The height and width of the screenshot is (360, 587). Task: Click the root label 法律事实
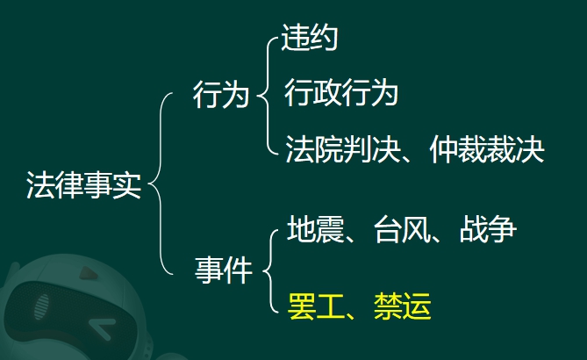84,185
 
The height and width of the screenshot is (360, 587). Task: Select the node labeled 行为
221,95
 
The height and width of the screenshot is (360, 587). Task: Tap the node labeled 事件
224,270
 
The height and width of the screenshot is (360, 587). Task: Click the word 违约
309,37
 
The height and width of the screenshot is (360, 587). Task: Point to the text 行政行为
341,92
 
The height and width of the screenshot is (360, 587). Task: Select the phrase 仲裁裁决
487,148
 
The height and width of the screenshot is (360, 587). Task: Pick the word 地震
315,228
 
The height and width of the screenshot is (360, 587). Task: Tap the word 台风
402,228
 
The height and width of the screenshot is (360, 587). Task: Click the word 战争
488,228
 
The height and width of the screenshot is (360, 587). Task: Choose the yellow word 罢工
316,306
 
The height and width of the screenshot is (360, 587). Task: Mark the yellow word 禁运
403,306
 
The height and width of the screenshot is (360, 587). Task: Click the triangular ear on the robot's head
89,273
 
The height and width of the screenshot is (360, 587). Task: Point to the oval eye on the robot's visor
41,306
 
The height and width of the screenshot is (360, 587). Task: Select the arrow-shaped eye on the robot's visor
100,327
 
